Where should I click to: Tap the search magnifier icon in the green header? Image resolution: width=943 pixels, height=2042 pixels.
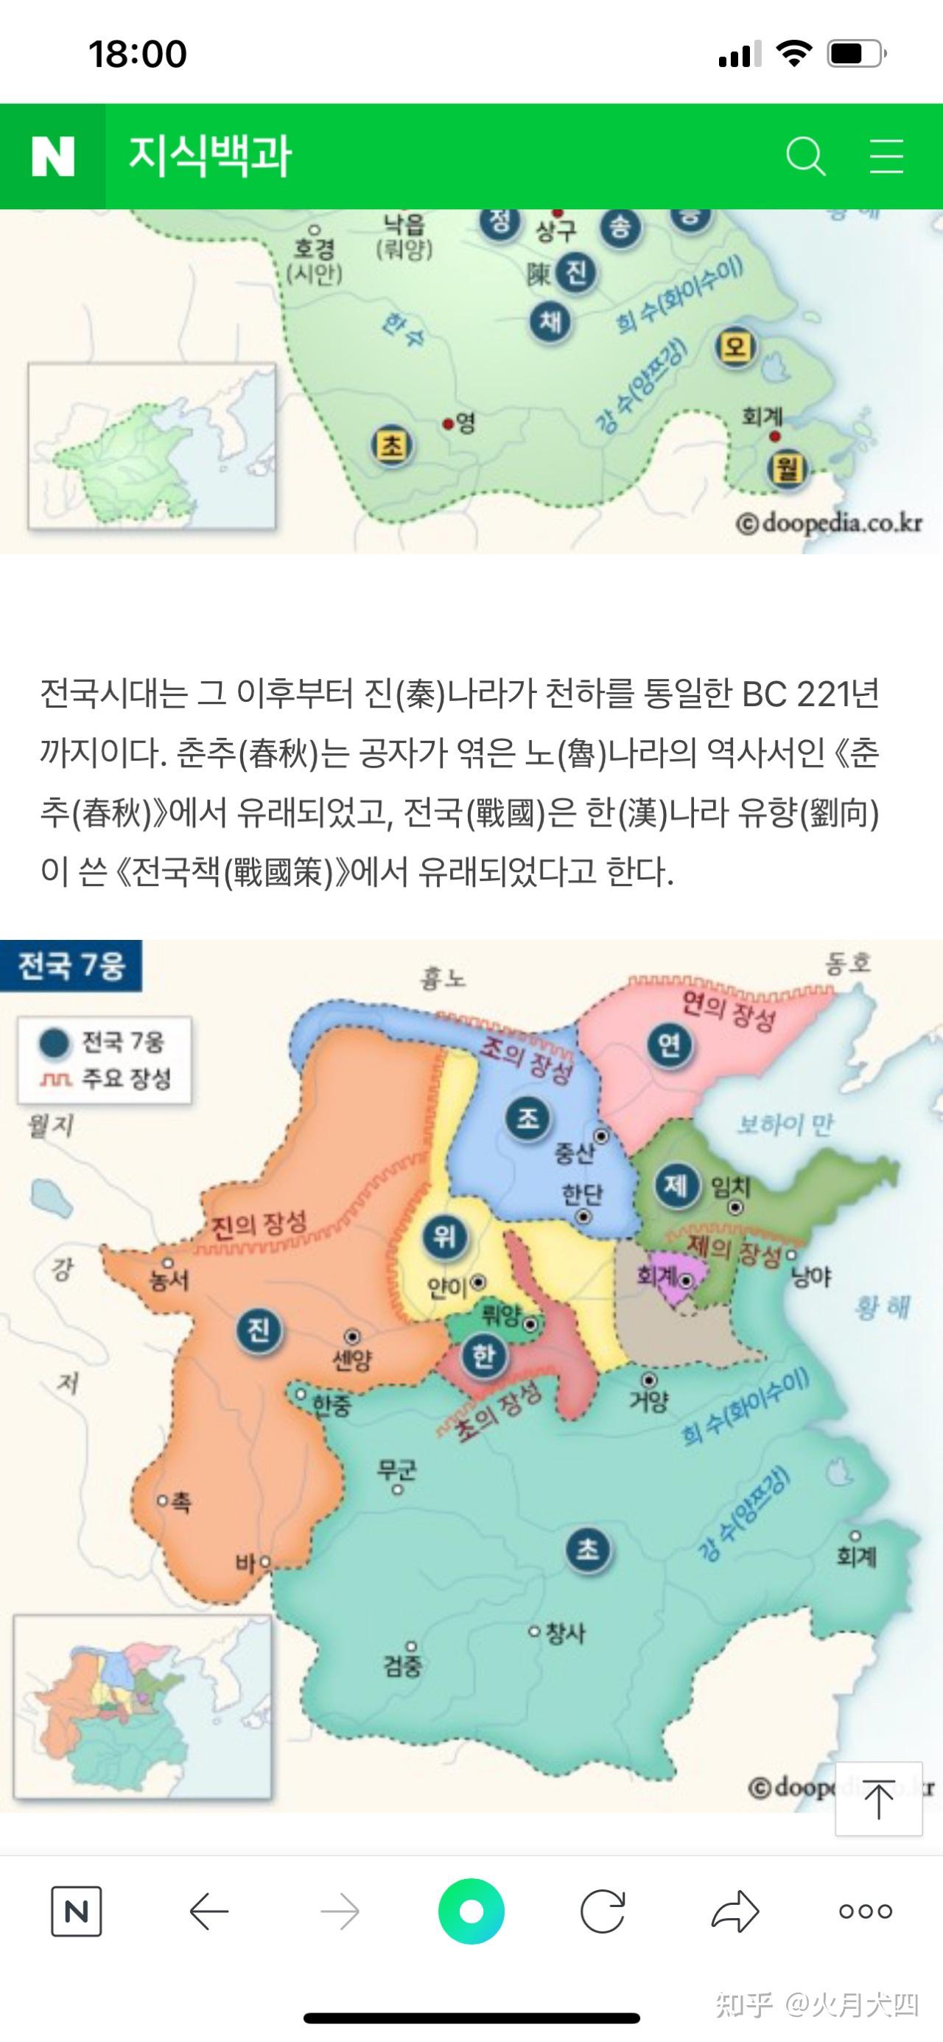point(805,156)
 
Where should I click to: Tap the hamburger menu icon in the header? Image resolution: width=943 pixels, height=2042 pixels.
point(886,156)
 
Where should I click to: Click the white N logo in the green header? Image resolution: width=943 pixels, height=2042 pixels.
point(52,156)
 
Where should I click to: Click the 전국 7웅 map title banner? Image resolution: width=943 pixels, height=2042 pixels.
point(71,966)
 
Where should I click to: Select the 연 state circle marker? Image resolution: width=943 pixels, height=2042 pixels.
point(670,1045)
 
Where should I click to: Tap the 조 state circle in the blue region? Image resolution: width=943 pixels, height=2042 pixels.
point(527,1118)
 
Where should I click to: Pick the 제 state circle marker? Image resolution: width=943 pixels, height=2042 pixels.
point(676,1185)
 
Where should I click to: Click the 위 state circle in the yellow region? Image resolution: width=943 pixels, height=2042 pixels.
point(444,1236)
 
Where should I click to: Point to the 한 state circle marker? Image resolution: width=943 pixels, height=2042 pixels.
point(483,1357)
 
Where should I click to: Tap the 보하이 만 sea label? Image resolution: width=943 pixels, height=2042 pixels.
point(785,1124)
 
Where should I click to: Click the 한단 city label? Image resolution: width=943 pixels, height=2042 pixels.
point(583,1193)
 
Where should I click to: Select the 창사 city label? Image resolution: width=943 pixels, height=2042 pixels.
point(565,1633)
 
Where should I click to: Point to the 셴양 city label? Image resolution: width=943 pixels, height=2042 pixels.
point(352,1360)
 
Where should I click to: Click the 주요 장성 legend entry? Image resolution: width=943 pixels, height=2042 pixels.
point(107,1078)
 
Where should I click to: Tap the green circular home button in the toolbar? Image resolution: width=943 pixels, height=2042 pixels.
point(471,1912)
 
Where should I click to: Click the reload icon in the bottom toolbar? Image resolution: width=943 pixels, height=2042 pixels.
point(602,1912)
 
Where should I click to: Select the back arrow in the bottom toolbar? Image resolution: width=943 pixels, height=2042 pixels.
point(209,1912)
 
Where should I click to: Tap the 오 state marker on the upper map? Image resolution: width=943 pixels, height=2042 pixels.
point(735,347)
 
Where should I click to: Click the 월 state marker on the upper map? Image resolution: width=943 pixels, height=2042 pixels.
point(786,469)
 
